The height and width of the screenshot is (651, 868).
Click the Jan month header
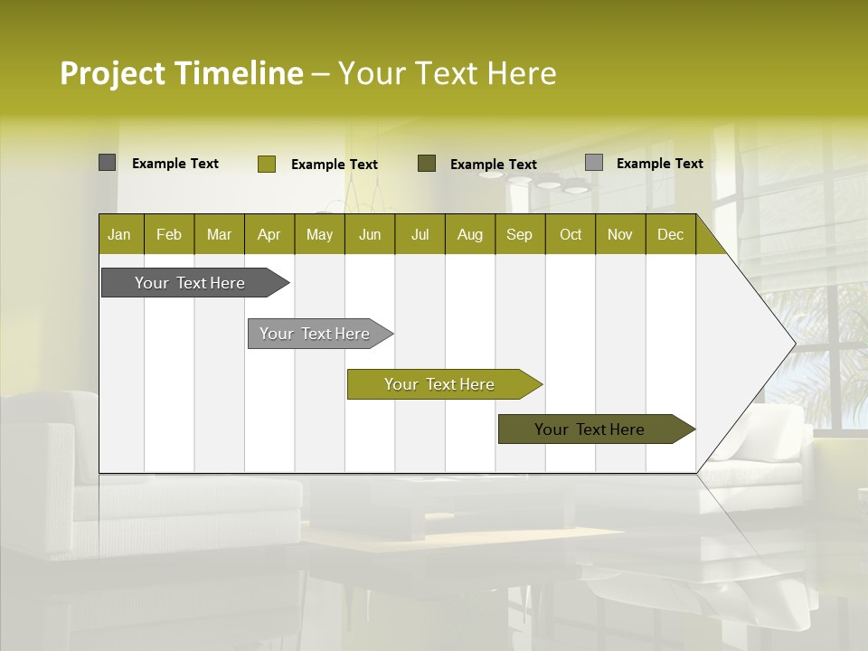click(120, 234)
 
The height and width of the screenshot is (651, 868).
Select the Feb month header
click(169, 234)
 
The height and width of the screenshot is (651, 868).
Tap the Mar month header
click(219, 234)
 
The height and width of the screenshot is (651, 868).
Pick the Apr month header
click(269, 234)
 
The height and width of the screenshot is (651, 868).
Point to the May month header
click(319, 234)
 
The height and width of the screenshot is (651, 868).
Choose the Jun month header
click(370, 234)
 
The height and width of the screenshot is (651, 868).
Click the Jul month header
click(420, 234)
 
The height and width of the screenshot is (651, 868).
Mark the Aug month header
click(470, 234)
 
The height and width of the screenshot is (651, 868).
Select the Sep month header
click(520, 234)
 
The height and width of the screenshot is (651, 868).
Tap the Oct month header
click(571, 234)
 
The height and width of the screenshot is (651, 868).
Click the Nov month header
click(620, 234)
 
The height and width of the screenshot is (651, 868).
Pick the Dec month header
click(671, 234)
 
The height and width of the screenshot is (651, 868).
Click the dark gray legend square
click(108, 163)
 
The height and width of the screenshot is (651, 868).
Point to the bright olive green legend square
click(267, 164)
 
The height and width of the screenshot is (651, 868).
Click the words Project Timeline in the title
click(182, 73)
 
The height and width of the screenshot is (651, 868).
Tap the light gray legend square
click(594, 163)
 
